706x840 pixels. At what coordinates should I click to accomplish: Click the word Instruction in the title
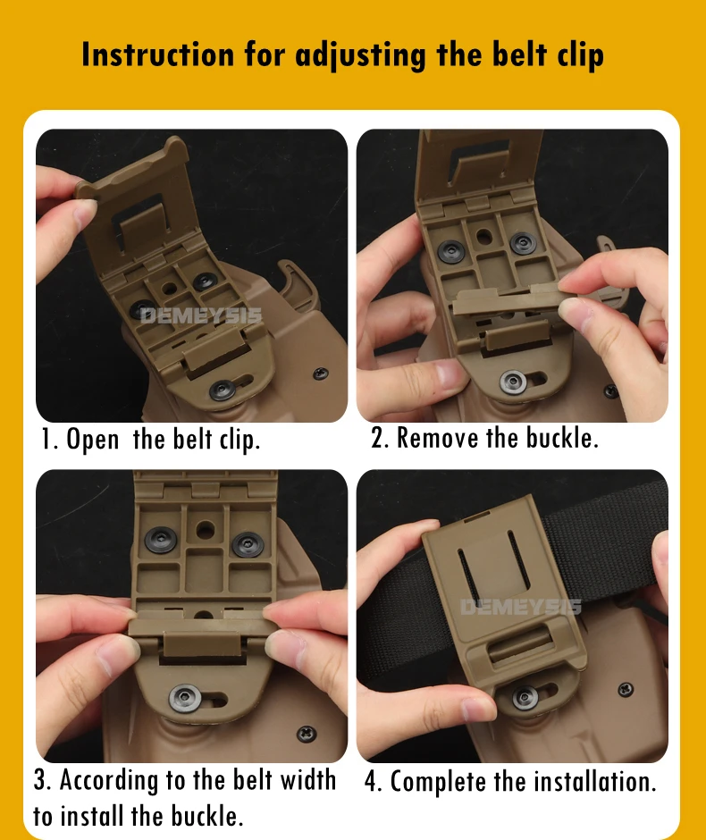[x=158, y=55]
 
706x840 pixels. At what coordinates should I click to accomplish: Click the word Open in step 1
[x=92, y=440]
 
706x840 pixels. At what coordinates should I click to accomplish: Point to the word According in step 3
[x=109, y=780]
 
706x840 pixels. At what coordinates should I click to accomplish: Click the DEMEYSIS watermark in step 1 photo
[x=201, y=316]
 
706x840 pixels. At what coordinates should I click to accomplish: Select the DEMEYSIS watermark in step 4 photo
[x=521, y=607]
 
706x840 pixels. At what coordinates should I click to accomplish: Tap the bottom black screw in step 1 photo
[x=223, y=390]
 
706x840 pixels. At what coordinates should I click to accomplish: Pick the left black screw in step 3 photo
[x=160, y=539]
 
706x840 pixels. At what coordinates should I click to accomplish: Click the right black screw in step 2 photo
[x=521, y=243]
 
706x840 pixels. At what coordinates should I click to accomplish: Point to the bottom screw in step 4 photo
[x=525, y=697]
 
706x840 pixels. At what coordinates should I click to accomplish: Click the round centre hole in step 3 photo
[x=205, y=531]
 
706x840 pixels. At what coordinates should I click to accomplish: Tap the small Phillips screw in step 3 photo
[x=307, y=734]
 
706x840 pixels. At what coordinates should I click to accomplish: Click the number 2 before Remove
[x=379, y=438]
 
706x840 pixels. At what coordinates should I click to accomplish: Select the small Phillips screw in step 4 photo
[x=625, y=690]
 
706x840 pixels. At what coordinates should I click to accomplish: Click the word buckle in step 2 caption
[x=561, y=438]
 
